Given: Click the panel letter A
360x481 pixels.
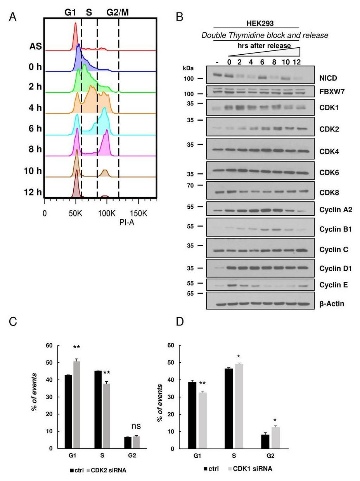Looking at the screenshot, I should [12, 17].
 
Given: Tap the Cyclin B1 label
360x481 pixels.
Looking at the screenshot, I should [335, 229].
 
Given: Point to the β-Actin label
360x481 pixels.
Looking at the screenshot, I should [331, 304].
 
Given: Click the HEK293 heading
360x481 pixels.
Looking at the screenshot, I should [260, 23].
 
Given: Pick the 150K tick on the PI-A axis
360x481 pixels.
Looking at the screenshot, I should [138, 213].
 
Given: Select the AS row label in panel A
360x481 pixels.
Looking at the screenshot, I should [35, 46].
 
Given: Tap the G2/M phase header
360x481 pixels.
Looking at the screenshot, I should [118, 12].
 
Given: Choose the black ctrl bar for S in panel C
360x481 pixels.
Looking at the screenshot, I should [98, 410].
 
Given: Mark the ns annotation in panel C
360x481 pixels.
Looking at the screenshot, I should [136, 426].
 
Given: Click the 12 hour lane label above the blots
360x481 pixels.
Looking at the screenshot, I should [297, 62].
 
